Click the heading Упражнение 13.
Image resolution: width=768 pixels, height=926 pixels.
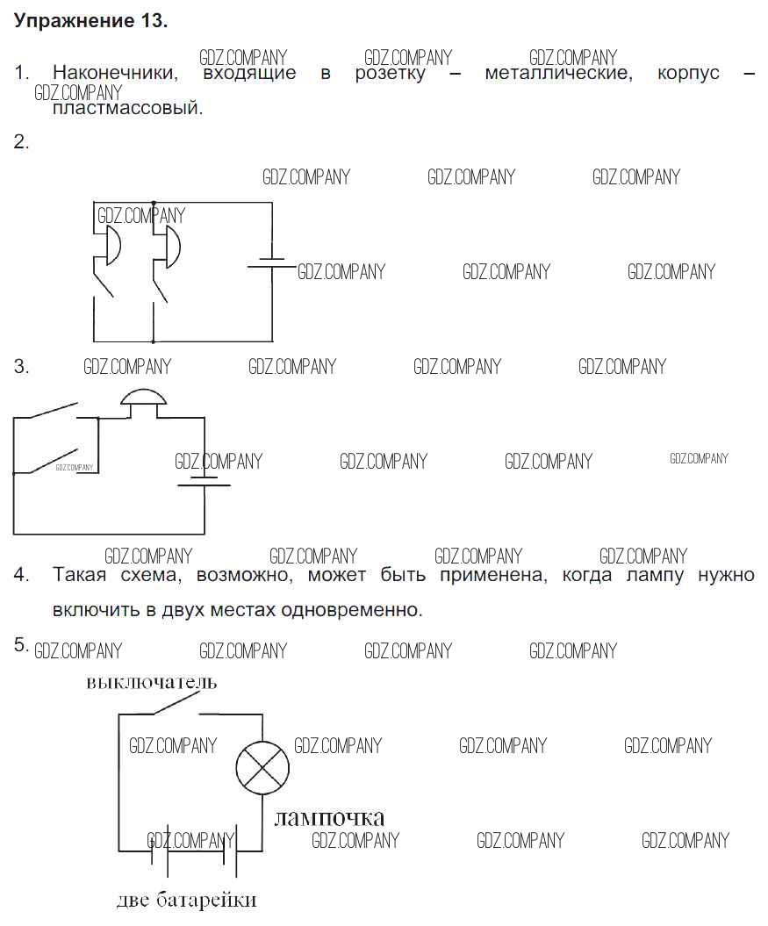pos(90,22)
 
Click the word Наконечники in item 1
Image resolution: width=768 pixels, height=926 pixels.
pos(115,74)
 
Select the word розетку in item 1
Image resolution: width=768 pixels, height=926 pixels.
pos(390,74)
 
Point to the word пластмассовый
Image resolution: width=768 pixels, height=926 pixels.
pos(127,110)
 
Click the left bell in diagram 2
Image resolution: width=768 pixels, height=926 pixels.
pos(111,245)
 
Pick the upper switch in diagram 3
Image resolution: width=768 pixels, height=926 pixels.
pos(53,413)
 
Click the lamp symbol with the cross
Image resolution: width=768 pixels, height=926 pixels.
pos(262,764)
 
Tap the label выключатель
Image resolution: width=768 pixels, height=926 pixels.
pos(151,682)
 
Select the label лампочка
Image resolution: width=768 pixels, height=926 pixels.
pos(329,818)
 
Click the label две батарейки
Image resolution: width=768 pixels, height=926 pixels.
pos(187,901)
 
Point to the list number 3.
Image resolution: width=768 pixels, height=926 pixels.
pos(21,367)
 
